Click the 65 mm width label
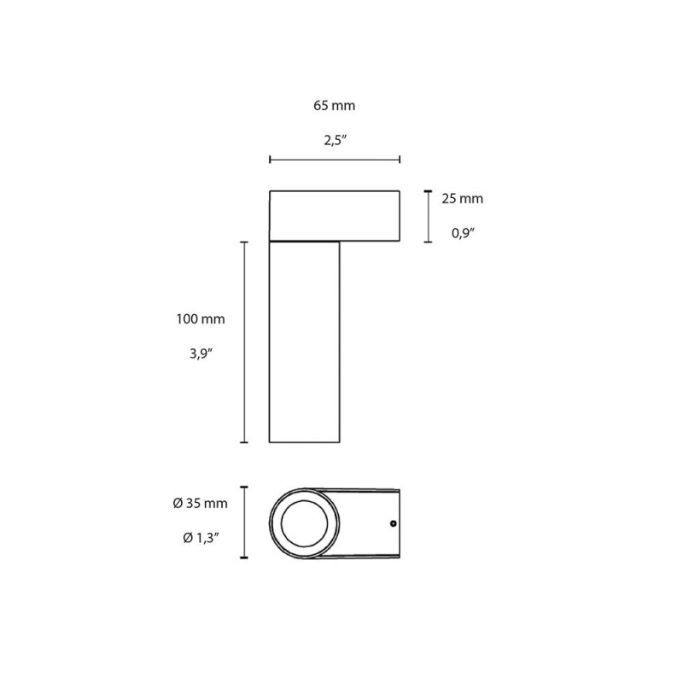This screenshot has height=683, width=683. pos(334,107)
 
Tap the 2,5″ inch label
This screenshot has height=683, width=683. pos(334,142)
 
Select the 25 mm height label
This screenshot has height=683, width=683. pos(462,199)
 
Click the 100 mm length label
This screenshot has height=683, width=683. pos(200,319)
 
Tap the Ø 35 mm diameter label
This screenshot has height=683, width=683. pos(200,504)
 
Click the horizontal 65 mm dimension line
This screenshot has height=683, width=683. pos(334,160)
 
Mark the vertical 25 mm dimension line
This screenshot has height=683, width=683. pos(427,217)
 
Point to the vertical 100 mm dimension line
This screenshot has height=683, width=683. pos(244,341)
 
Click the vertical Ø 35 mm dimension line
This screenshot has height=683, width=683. pos(244,522)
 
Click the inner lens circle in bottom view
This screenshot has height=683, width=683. pos(305,522)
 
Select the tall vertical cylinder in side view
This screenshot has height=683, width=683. pos(305,341)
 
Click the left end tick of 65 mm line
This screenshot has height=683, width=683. pos(270,160)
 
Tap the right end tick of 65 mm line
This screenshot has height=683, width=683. pos(400,160)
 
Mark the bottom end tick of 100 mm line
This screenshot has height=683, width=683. pos(244,442)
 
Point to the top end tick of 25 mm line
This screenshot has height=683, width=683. pos(427,191)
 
